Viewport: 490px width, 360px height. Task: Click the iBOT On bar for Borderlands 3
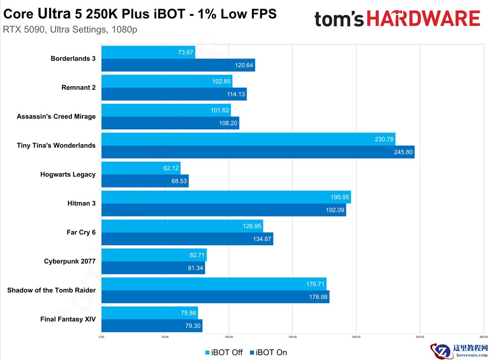coord(178,65)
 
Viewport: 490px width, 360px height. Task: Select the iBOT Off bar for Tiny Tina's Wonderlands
coord(248,139)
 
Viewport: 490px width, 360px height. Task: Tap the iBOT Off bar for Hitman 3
coord(226,197)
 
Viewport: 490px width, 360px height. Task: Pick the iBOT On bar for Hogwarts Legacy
coord(145,181)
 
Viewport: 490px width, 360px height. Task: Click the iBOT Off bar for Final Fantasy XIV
coord(149,313)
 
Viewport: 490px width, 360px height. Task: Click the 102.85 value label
coord(221,81)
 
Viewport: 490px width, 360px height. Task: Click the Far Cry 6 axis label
coord(81,232)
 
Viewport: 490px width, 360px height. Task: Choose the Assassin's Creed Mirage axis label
coord(56,116)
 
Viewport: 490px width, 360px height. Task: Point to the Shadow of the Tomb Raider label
coord(51,290)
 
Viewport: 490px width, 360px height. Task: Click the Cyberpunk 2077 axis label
coord(70,261)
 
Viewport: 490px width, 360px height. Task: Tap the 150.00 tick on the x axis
coord(292,337)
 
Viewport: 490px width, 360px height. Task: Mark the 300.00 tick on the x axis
coord(483,337)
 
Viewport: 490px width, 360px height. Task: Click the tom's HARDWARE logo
coord(397,19)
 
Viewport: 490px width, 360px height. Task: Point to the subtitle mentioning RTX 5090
coord(69,30)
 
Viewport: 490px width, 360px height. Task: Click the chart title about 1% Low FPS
coord(140,14)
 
